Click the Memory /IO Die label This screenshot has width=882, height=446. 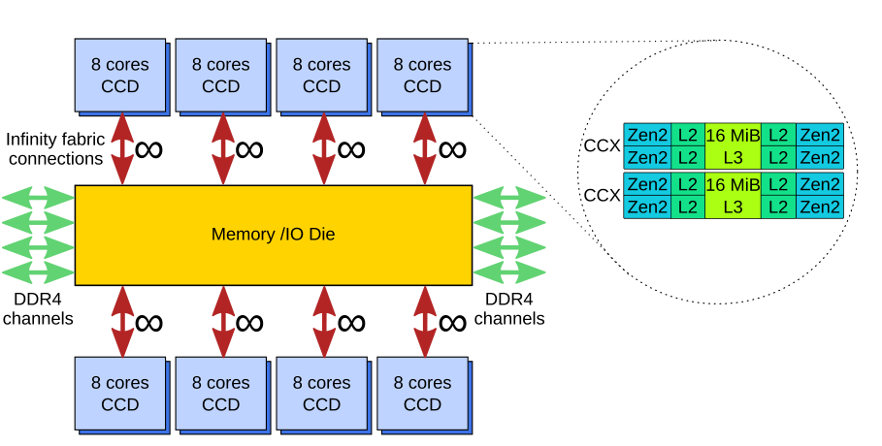273,235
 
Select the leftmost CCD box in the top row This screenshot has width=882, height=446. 120,75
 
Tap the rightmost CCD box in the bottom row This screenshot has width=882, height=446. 422,394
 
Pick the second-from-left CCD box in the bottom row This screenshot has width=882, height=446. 221,394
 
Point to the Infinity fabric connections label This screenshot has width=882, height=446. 54,148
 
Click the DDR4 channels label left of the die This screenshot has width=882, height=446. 38,309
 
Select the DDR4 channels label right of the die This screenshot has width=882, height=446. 509,309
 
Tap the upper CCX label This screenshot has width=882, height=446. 603,145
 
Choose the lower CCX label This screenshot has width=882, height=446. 603,195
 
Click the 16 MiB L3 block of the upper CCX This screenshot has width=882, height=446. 733,145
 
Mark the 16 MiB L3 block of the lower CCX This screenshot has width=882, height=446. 733,195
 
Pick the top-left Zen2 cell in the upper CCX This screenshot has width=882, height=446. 647,135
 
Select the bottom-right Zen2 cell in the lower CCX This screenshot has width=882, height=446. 820,207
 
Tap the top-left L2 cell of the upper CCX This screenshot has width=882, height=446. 687,135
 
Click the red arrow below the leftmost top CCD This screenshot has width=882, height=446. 122,148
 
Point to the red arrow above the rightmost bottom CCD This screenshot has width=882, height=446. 424,321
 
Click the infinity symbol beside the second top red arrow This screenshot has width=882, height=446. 249,149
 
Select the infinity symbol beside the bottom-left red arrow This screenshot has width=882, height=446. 148,322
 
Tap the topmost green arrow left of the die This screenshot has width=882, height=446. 38,198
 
